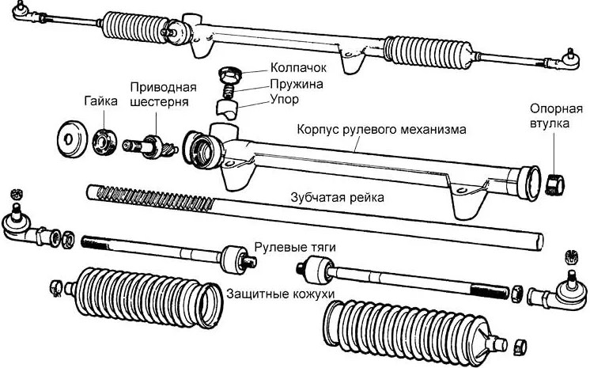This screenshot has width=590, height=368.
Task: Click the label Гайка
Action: (100, 102)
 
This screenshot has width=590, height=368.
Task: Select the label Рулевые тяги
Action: (295, 248)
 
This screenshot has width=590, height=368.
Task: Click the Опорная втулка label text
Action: (549, 116)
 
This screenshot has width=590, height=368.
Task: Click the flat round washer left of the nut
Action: (71, 138)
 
